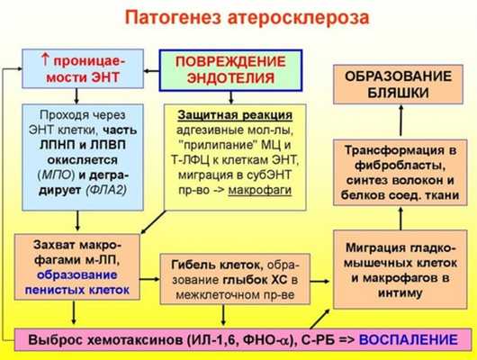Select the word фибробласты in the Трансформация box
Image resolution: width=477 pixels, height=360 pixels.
395,166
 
